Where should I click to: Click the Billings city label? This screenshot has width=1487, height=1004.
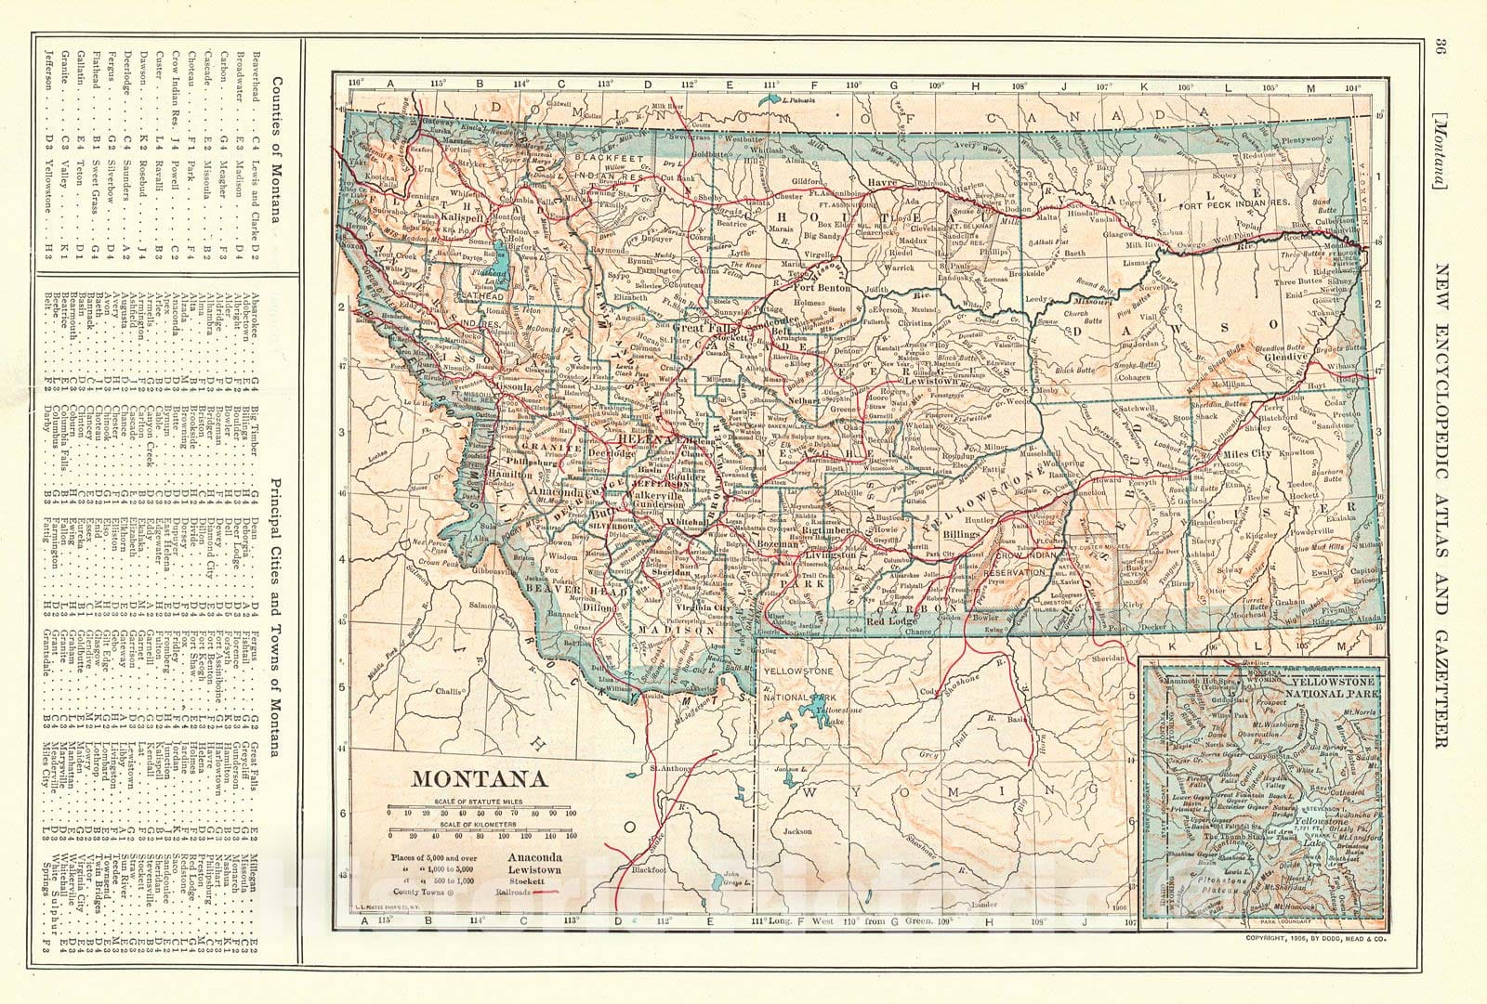pos(958,536)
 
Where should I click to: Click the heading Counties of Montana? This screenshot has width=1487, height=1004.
pos(276,150)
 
